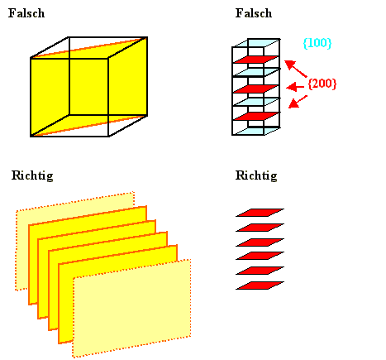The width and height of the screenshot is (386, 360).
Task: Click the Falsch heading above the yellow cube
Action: pyautogui.click(x=26, y=13)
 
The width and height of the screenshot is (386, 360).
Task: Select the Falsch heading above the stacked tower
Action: pyautogui.click(x=254, y=13)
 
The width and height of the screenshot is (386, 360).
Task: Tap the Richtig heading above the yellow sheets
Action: pyautogui.click(x=32, y=175)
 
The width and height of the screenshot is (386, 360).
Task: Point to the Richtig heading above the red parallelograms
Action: pyautogui.click(x=256, y=175)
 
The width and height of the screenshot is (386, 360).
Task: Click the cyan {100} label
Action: pyautogui.click(x=317, y=43)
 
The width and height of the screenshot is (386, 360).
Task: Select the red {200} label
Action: pyautogui.click(x=322, y=84)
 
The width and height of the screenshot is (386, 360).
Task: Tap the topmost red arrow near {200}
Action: pyautogui.click(x=295, y=69)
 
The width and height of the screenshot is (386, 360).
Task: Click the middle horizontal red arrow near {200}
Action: pyautogui.click(x=295, y=87)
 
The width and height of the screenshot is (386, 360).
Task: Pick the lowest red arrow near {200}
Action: pyautogui.click(x=298, y=102)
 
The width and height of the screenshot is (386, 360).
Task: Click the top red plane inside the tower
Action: pyautogui.click(x=256, y=60)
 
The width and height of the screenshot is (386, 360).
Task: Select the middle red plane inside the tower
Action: pyautogui.click(x=256, y=89)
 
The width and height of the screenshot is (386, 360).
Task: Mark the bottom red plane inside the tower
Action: pyautogui.click(x=256, y=117)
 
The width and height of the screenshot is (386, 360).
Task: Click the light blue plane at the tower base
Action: pyautogui.click(x=257, y=131)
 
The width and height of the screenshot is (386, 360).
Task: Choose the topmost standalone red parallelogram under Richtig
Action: pyautogui.click(x=260, y=213)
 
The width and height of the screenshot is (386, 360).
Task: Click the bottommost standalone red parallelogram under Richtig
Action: pyautogui.click(x=260, y=286)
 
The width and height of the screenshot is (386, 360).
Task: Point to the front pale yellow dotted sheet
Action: pyautogui.click(x=131, y=309)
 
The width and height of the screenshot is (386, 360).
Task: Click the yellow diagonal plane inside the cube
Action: pyautogui.click(x=88, y=87)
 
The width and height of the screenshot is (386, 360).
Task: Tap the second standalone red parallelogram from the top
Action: pyautogui.click(x=260, y=228)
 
